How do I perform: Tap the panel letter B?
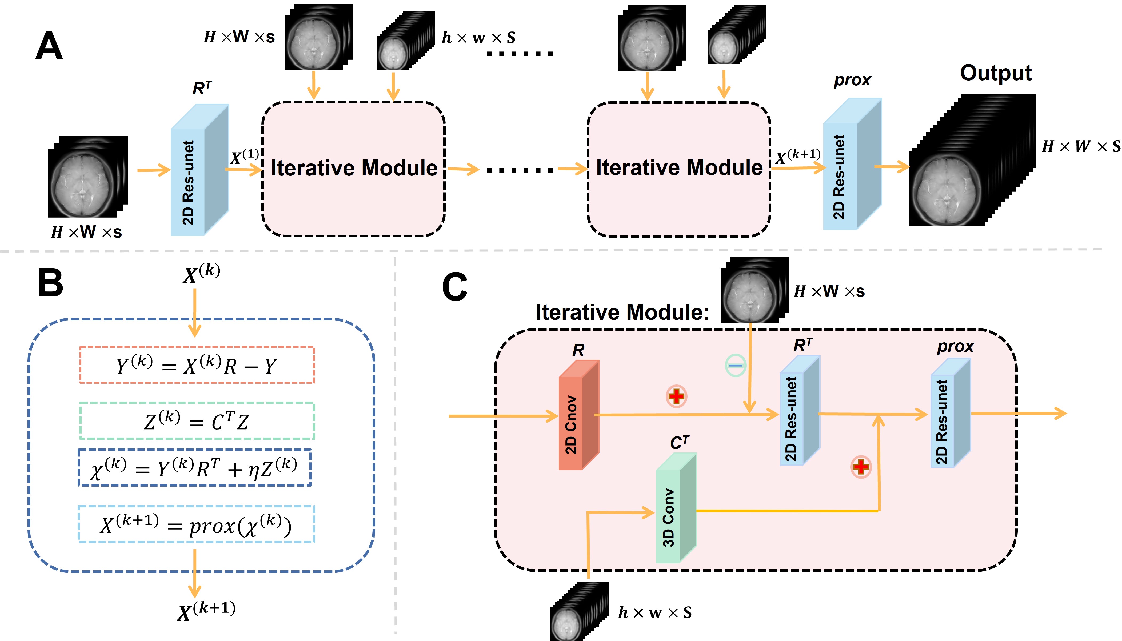coord(51,283)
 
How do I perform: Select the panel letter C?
coord(454,287)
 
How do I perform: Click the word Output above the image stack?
coord(996,73)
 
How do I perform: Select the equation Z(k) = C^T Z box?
coord(197,421)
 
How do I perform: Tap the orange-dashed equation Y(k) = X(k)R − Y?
coord(197,365)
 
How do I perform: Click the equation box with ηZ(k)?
coord(195,467)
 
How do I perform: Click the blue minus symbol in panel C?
coord(735,365)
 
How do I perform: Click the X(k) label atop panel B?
coord(201,273)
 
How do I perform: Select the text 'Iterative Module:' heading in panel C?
coord(622,312)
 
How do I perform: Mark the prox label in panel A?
coord(852,80)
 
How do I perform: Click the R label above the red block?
coord(578,350)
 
